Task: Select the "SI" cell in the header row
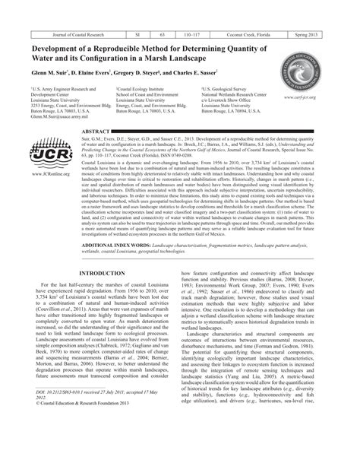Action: pyautogui.click(x=137, y=36)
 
